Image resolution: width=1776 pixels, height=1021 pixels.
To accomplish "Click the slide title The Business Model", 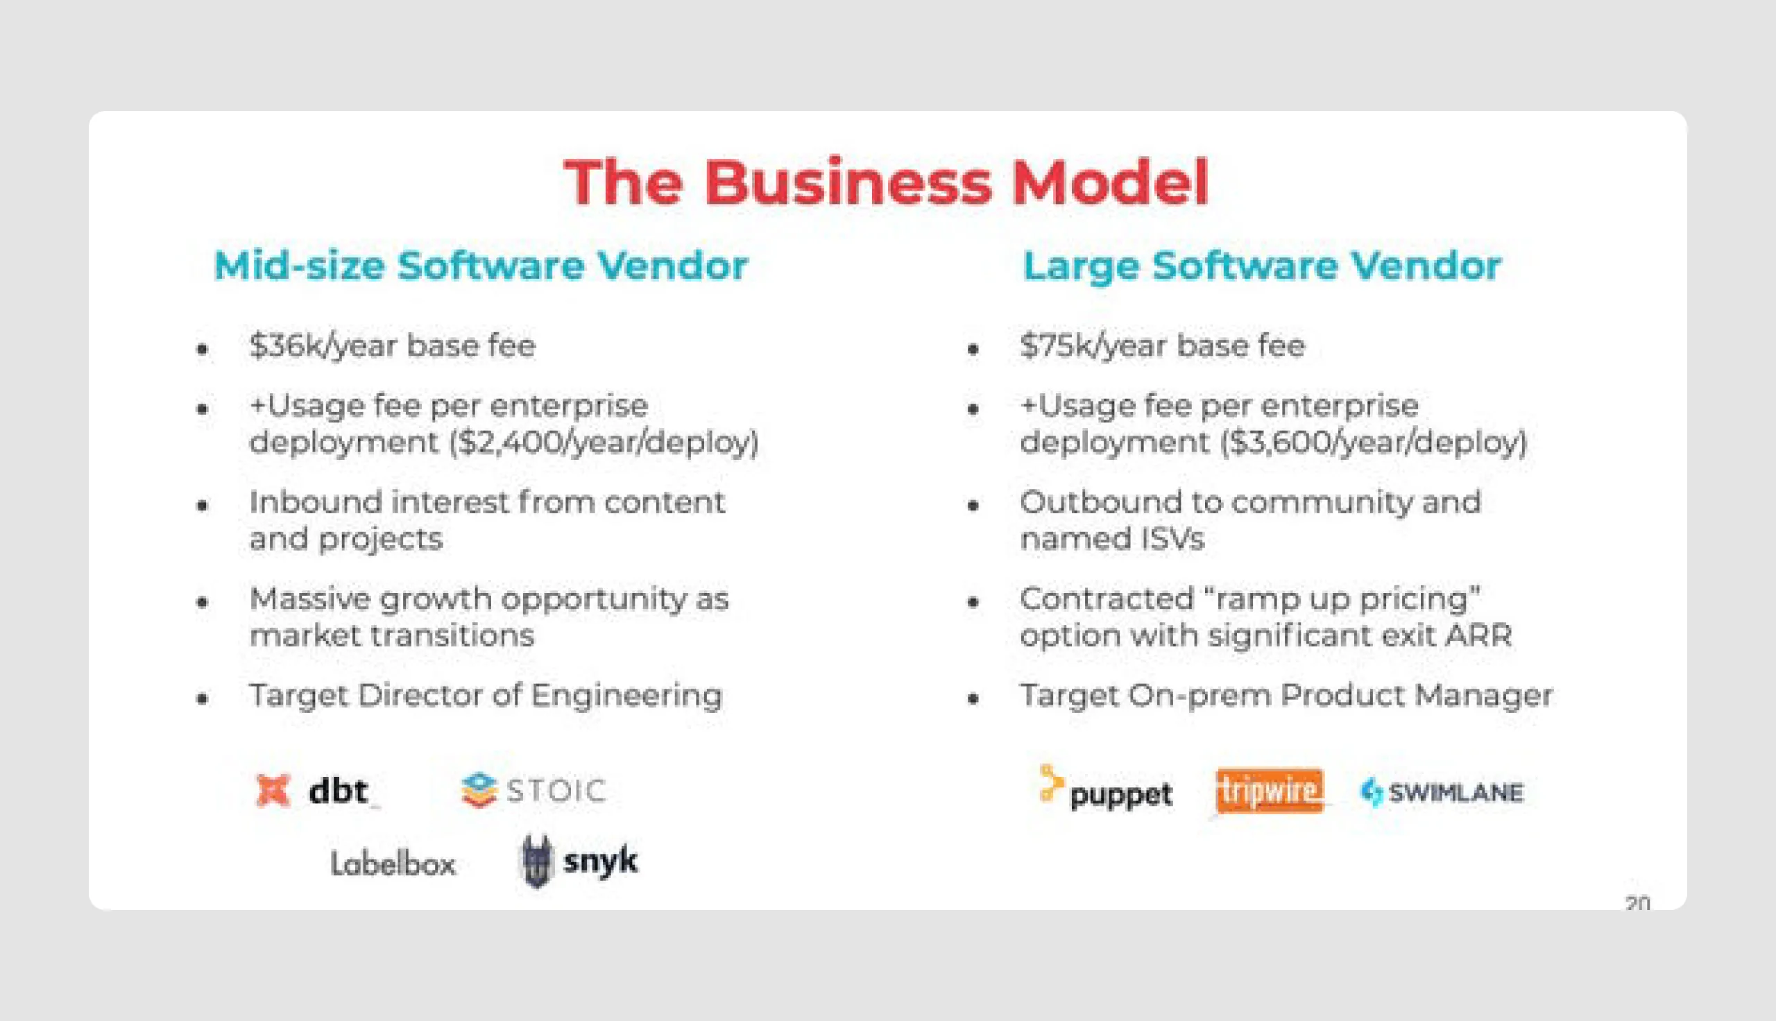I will (886, 182).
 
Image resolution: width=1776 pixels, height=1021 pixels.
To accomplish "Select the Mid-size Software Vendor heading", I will (481, 266).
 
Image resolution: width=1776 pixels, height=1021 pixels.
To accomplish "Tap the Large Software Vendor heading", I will (1261, 266).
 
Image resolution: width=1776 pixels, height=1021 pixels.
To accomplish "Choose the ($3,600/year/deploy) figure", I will (1374, 443).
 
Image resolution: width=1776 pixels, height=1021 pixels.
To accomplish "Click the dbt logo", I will (312, 791).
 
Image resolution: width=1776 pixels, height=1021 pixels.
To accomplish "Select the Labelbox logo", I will (393, 864).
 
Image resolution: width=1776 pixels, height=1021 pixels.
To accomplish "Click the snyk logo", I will (579, 861).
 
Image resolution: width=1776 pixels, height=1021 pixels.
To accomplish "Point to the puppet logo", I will (1106, 790).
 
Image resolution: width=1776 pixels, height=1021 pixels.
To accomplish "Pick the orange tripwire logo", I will (1269, 791).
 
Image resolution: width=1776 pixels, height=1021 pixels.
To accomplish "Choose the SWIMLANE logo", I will (1442, 792).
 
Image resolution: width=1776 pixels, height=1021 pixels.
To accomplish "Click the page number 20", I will (1637, 902).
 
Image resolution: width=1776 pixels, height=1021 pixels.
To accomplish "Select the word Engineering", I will (626, 696).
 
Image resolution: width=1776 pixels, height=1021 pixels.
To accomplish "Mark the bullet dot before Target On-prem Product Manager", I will (973, 698).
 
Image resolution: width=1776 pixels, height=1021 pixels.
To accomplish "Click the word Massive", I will (310, 599).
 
